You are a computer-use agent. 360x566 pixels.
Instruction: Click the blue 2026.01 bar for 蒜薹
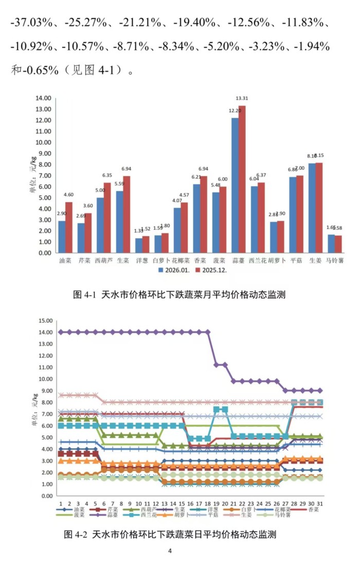(x=235, y=185)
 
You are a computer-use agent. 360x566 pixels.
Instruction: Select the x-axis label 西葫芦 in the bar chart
(x=103, y=261)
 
